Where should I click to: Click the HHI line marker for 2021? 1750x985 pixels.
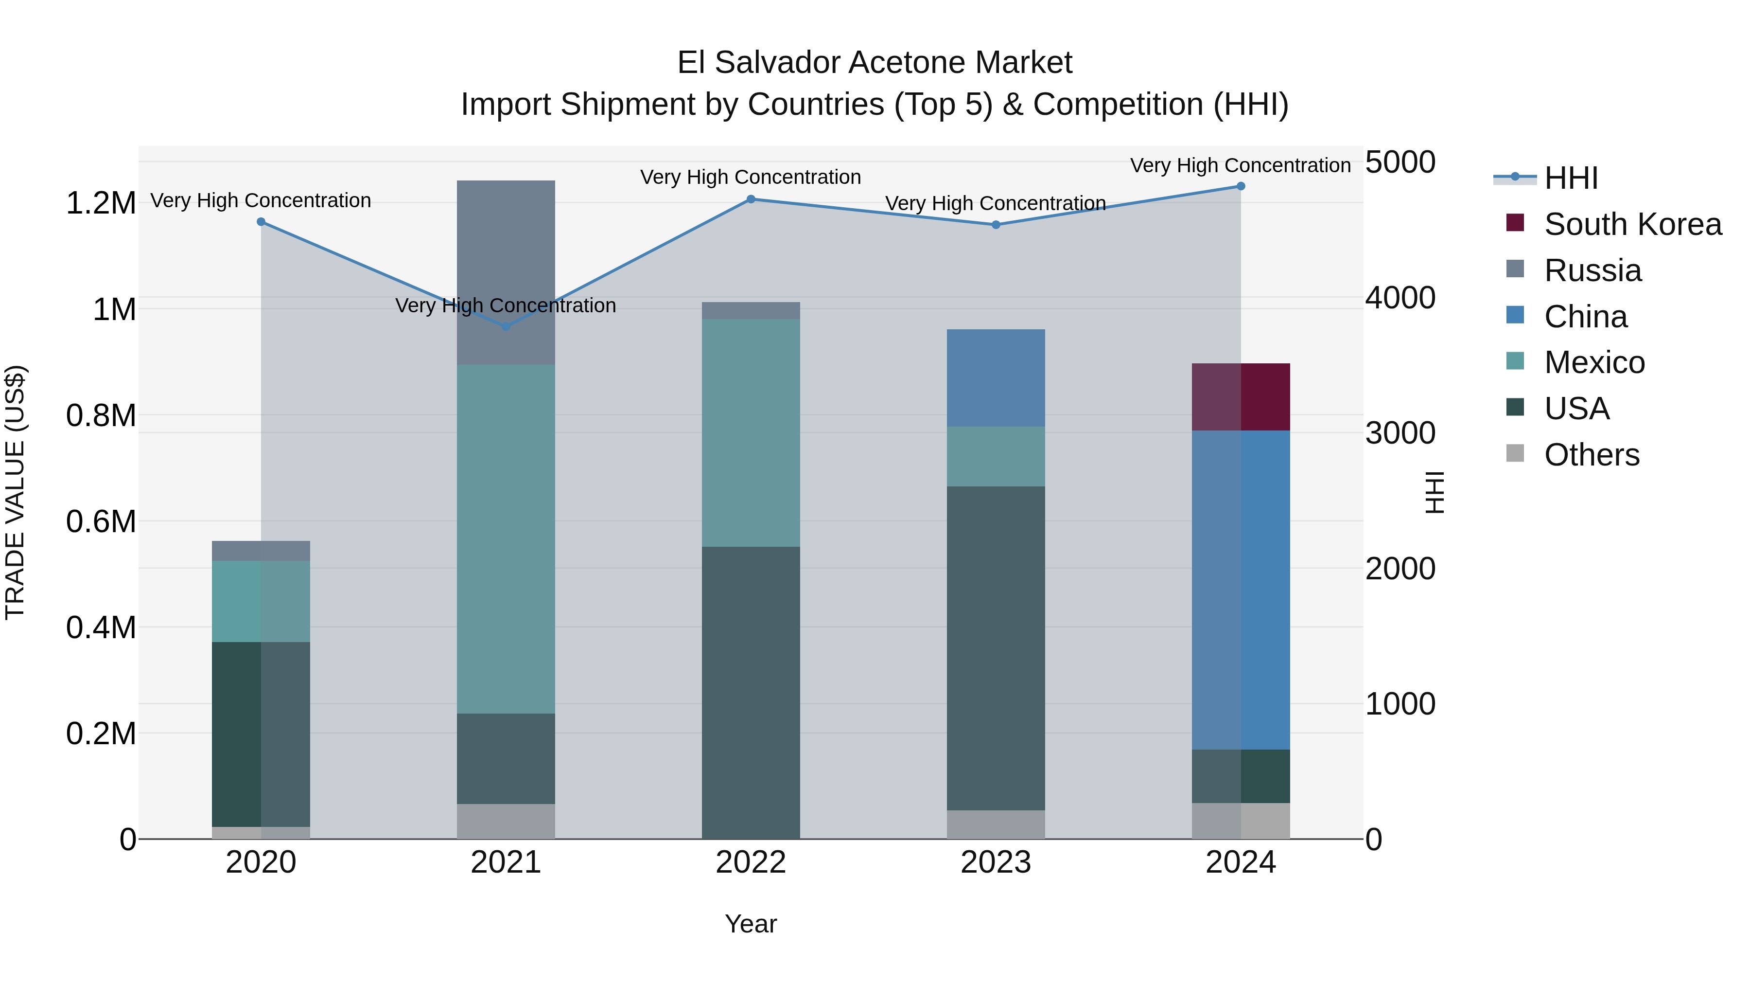(506, 327)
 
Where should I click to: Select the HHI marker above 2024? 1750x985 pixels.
(1241, 186)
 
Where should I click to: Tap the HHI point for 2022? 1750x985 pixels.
(751, 199)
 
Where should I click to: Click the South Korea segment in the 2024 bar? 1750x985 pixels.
(1241, 397)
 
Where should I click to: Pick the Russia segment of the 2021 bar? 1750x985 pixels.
(506, 272)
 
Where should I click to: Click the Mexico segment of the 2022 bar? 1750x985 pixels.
(751, 432)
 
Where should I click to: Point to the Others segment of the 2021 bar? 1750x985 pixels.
(506, 821)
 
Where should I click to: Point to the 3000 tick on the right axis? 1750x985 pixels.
(1400, 433)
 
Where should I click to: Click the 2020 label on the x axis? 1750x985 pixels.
(261, 862)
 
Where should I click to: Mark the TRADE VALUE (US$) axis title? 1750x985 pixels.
(15, 492)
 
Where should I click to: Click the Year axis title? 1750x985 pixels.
(751, 924)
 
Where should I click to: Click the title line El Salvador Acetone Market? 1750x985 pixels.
(875, 63)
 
